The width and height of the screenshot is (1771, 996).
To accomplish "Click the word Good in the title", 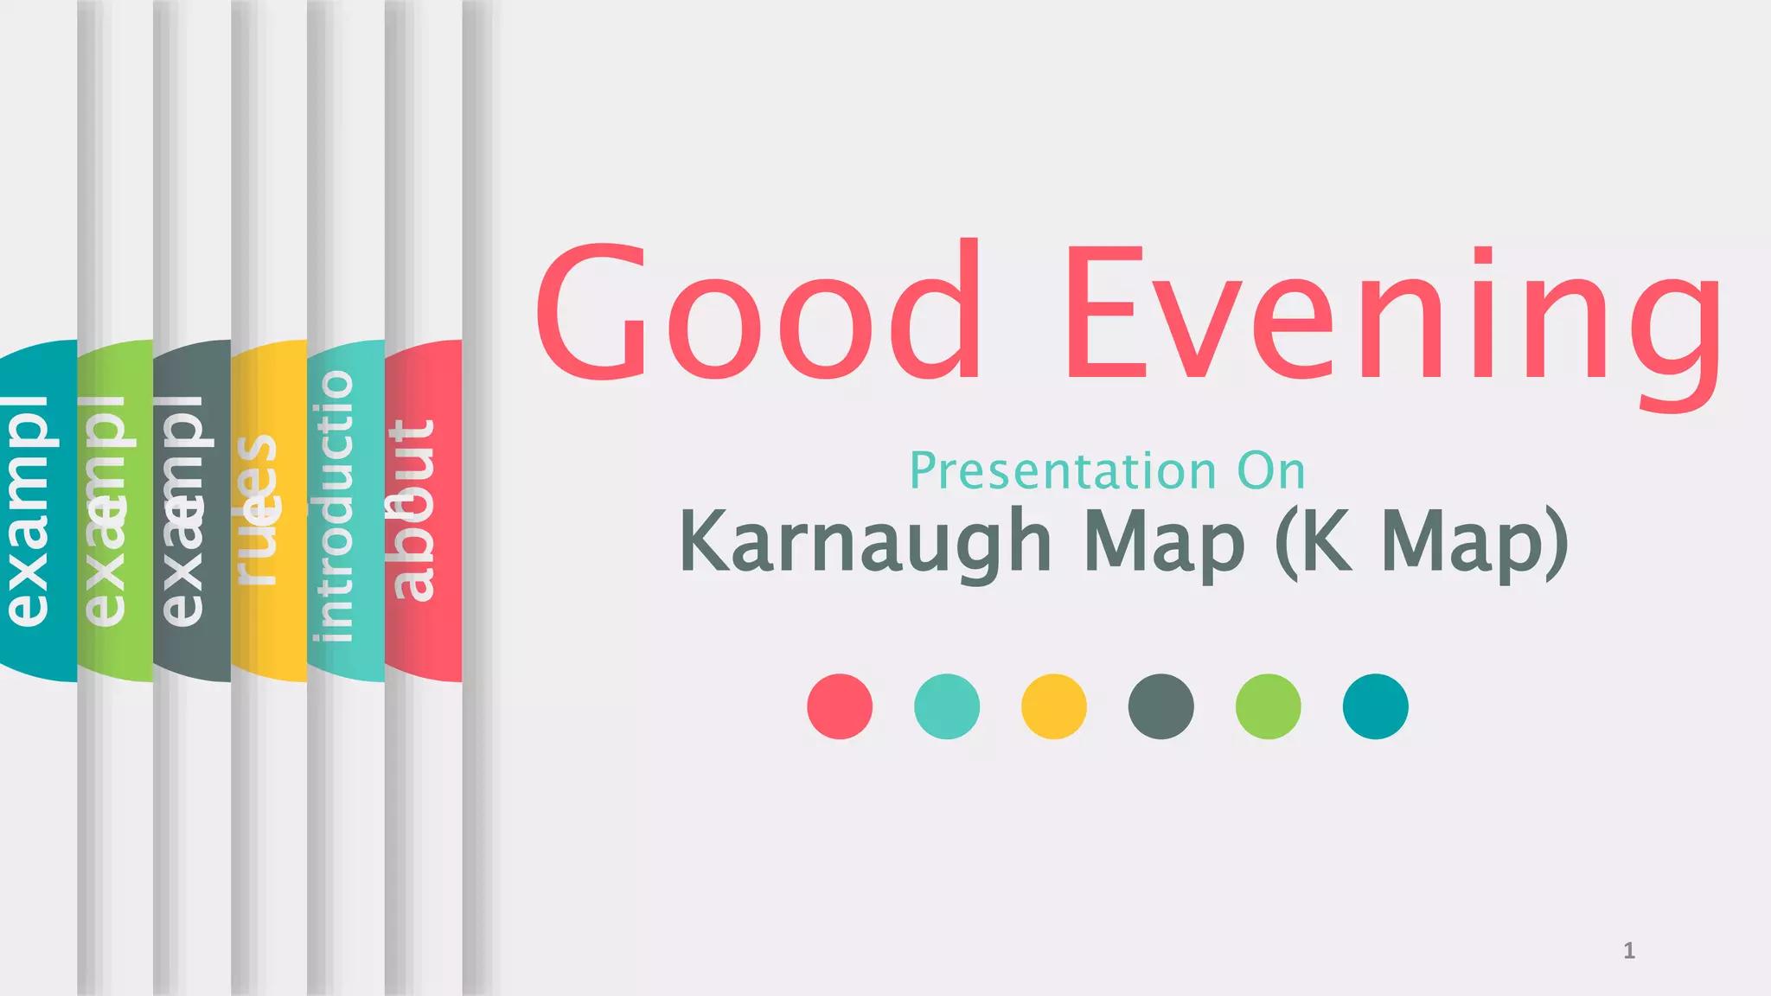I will coord(759,313).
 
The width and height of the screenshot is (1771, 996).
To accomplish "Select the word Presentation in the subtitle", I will coord(1063,471).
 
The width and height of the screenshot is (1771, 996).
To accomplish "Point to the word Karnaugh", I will coord(865,543).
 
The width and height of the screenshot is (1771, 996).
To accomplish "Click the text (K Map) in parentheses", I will coord(1422,543).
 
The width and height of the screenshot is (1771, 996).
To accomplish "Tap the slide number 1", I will coord(1628,951).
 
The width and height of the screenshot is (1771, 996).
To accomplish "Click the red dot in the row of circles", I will coord(840,706).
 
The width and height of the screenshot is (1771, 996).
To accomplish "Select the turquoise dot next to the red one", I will coord(947,706).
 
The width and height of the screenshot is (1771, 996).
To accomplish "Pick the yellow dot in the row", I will coord(1054,706).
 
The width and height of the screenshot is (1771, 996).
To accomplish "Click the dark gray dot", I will coord(1161,706).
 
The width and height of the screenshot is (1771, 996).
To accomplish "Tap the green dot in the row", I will coord(1269,706).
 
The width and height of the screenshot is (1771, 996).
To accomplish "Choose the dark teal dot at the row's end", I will coord(1376,706).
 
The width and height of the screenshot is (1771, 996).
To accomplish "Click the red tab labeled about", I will coord(424,510).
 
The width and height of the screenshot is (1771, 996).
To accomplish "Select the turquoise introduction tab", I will coord(346,510).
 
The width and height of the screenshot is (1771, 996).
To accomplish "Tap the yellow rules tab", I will coord(269,510).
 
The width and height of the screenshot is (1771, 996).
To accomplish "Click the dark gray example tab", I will coord(192,510).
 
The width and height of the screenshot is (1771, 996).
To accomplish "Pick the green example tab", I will coord(115,510).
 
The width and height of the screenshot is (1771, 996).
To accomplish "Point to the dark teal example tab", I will coord(38,510).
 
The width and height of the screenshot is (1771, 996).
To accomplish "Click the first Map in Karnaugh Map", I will coord(1164,543).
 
